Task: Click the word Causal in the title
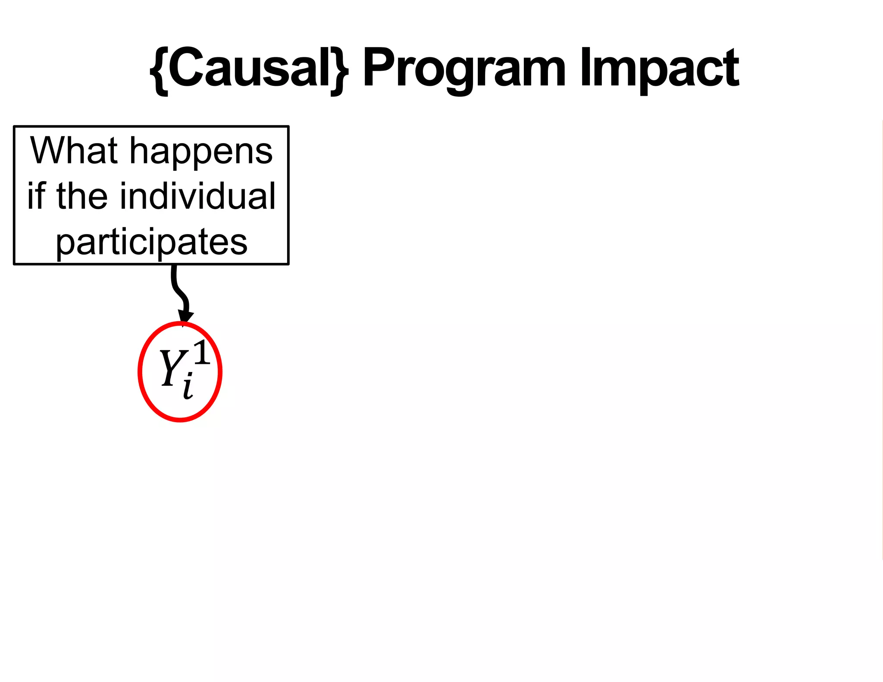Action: coord(249,68)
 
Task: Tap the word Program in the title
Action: coord(463,69)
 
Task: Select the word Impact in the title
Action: coord(659,69)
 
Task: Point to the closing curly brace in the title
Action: coord(340,70)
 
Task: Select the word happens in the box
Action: coord(201,152)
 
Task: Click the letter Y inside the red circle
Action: coord(172,367)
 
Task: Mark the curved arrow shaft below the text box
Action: coord(177,287)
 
